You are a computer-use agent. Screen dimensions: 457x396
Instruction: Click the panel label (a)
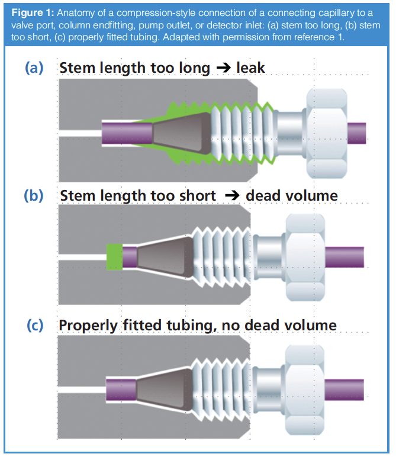(34, 68)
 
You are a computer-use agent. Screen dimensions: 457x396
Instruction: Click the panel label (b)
(34, 195)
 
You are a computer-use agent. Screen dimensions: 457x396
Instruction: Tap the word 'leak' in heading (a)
(250, 68)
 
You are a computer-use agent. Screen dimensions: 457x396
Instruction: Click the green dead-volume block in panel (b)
(114, 257)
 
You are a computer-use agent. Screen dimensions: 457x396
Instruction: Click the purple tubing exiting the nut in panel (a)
(356, 131)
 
